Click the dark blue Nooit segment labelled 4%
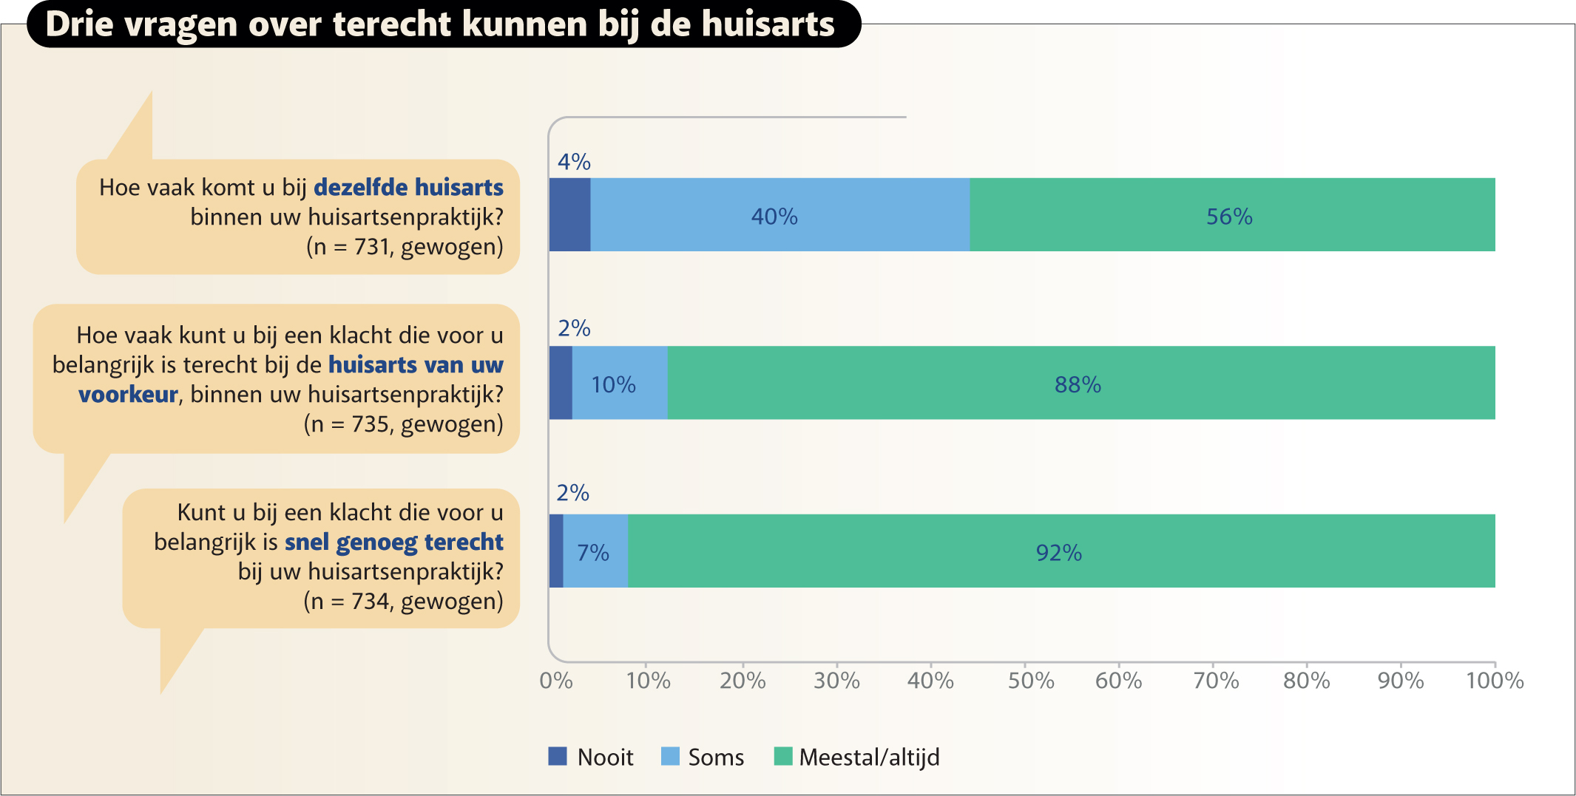click(569, 215)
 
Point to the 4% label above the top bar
click(574, 162)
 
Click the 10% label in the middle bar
click(613, 384)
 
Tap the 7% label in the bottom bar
click(592, 553)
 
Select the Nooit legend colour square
click(558, 756)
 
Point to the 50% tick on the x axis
click(1031, 681)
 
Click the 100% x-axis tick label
click(1495, 681)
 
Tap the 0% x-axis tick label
click(556, 681)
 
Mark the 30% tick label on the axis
click(836, 681)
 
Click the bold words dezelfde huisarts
click(408, 188)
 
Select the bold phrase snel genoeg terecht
click(393, 542)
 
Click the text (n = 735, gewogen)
click(403, 424)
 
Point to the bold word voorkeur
click(128, 395)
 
